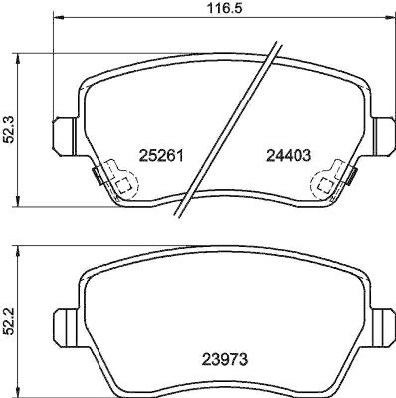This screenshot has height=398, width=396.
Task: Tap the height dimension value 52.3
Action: coord(8,130)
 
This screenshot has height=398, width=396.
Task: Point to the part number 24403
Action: coord(289,156)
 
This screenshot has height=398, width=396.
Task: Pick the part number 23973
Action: coord(225,358)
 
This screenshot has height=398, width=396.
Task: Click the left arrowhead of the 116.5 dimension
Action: coord(57,17)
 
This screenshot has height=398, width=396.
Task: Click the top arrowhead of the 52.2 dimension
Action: coord(19,251)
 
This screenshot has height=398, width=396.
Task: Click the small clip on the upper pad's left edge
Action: coord(97,175)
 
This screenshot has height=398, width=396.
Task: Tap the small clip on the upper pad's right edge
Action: coord(352,175)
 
